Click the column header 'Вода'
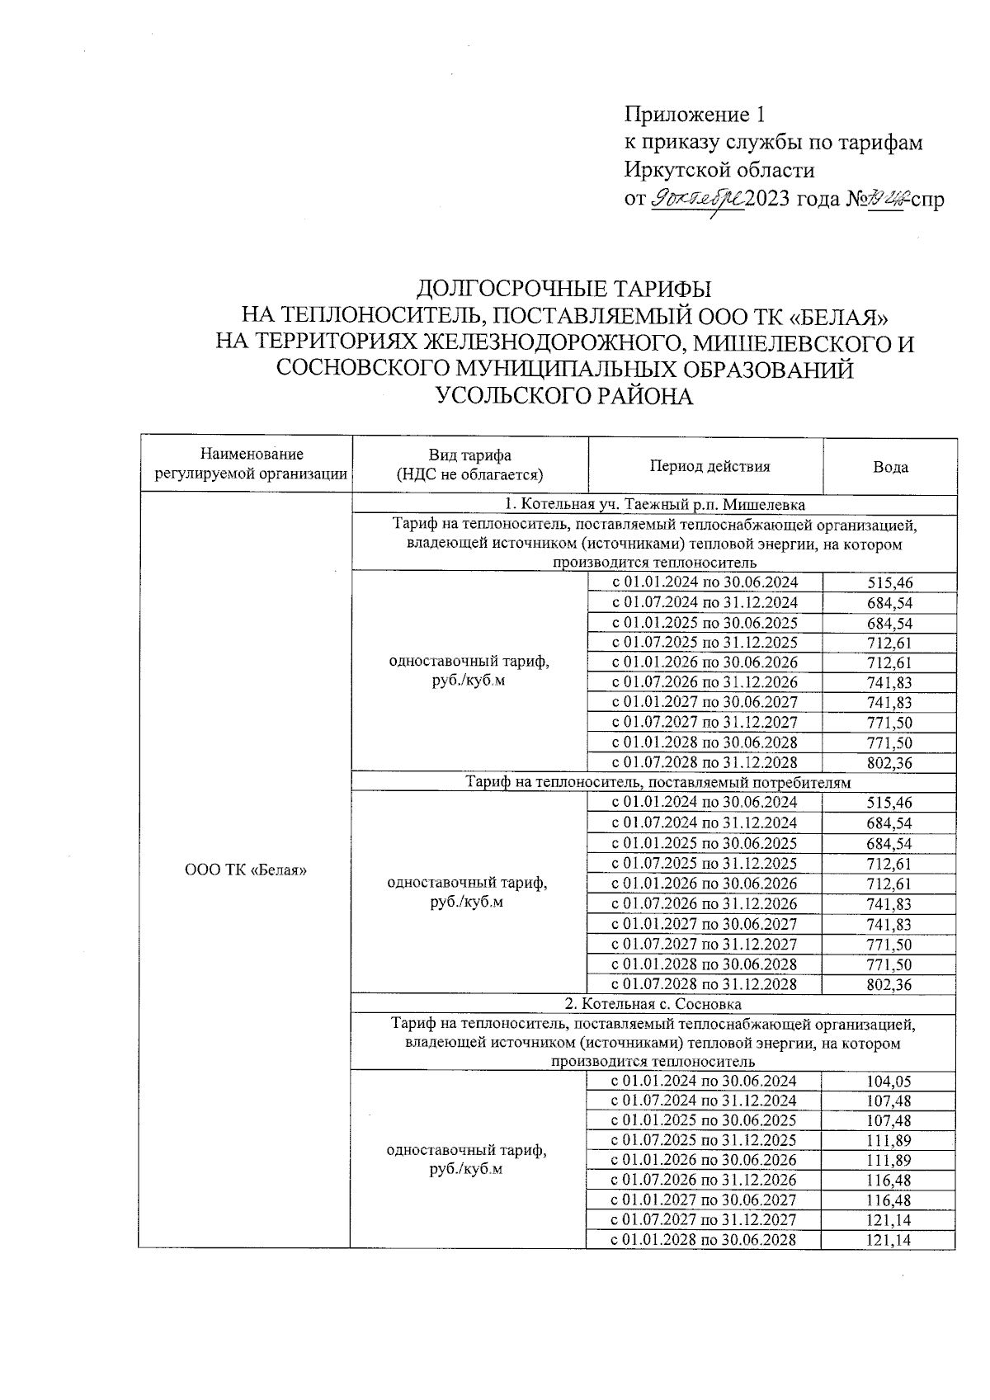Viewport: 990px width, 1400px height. coord(890,467)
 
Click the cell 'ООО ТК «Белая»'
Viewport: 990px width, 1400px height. coord(246,870)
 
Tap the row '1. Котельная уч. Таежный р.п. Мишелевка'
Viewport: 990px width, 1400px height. coord(655,504)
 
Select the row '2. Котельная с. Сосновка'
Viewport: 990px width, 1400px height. coord(653,1004)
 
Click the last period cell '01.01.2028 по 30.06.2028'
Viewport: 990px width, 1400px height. coord(703,1240)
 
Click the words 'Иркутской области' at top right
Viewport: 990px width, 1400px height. coord(719,171)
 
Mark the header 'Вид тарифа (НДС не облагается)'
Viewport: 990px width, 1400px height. coord(469,464)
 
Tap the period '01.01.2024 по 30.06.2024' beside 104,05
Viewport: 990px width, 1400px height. coord(703,1081)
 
